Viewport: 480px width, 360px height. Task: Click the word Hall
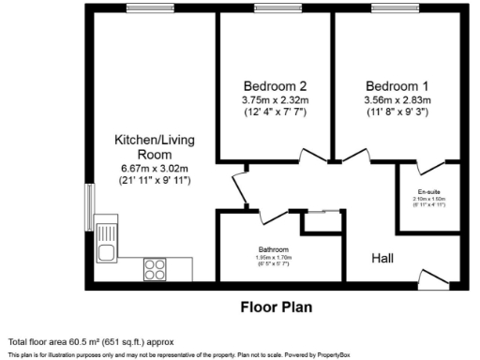pyautogui.click(x=382, y=258)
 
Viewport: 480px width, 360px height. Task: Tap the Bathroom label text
pyautogui.click(x=275, y=249)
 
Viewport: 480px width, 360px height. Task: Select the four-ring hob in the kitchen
pyautogui.click(x=154, y=270)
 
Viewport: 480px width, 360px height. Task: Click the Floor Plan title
pyautogui.click(x=277, y=307)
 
